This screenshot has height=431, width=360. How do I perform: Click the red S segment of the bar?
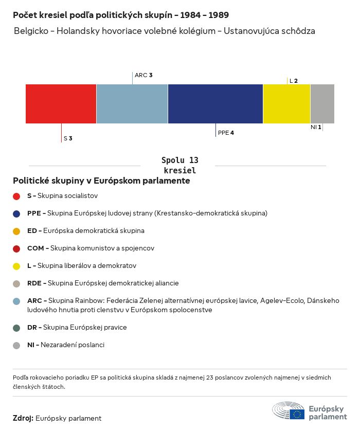[61, 104]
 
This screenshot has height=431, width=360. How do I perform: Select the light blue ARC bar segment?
[132, 104]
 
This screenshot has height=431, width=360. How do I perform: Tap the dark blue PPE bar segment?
[215, 104]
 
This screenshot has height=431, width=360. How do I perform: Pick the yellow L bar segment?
[286, 104]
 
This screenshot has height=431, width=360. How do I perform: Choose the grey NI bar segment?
[322, 104]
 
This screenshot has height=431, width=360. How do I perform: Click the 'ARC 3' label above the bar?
[143, 75]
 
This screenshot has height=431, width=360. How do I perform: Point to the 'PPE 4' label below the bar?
[226, 133]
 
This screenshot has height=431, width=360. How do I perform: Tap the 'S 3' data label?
[68, 138]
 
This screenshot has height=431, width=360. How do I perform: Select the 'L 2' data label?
[294, 81]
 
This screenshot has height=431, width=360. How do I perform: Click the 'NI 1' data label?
[316, 127]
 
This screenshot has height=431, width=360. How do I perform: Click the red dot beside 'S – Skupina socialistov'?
[16, 196]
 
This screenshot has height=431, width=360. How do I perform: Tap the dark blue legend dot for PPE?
[16, 213]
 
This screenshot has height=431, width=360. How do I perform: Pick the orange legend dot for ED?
[16, 231]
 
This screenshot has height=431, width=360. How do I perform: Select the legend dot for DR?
[16, 328]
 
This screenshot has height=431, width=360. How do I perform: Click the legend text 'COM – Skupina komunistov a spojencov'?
[91, 248]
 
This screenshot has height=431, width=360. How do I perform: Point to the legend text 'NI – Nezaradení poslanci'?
[66, 345]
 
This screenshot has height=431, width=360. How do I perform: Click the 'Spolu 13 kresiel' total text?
[179, 166]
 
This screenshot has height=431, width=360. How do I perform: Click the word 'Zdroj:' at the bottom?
[23, 419]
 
